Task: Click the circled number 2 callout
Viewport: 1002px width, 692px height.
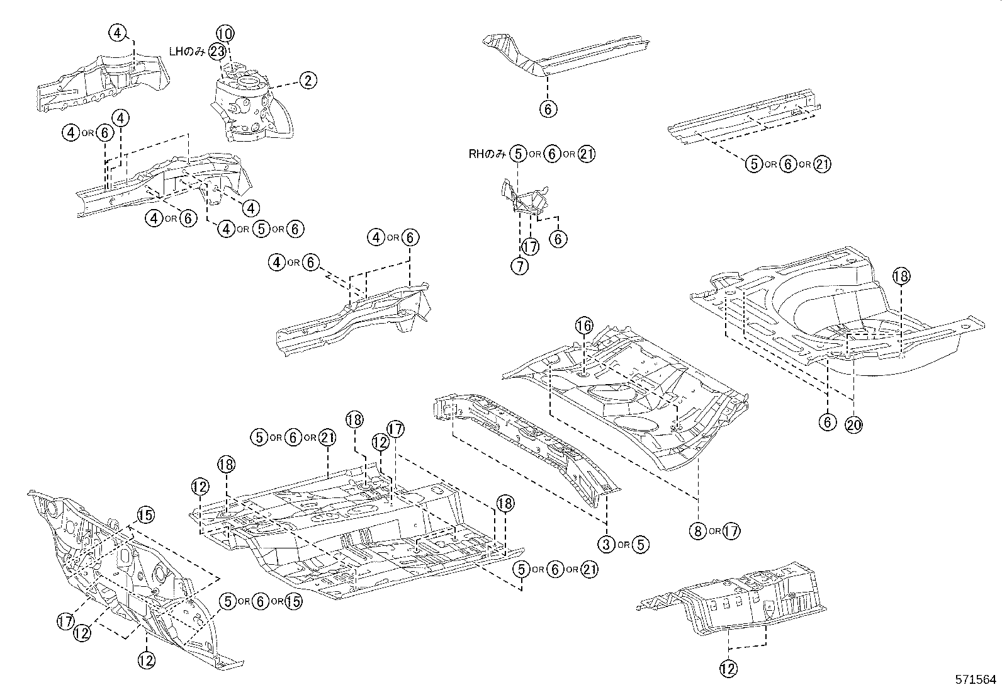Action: pyautogui.click(x=308, y=80)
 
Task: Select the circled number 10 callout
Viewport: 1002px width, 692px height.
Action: pyautogui.click(x=225, y=33)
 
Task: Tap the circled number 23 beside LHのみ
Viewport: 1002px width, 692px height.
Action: pyautogui.click(x=217, y=52)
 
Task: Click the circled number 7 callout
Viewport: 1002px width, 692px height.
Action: pyautogui.click(x=519, y=266)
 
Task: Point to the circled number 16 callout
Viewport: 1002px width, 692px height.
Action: pyautogui.click(x=584, y=325)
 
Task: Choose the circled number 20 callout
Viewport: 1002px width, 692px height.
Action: pyautogui.click(x=853, y=425)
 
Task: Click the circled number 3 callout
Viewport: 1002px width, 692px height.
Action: pyautogui.click(x=606, y=544)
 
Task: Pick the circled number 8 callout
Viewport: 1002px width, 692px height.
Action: pyautogui.click(x=697, y=531)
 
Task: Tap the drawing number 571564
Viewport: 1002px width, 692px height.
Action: pyautogui.click(x=975, y=680)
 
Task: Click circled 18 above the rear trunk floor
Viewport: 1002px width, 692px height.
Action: pyautogui.click(x=901, y=276)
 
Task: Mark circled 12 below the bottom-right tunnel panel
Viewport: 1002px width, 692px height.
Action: pyautogui.click(x=728, y=669)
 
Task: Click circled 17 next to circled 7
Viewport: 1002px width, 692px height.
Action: pyautogui.click(x=531, y=247)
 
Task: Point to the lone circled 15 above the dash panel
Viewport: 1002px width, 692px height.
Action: pyautogui.click(x=145, y=516)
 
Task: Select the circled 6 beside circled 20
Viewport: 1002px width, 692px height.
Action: pyautogui.click(x=828, y=423)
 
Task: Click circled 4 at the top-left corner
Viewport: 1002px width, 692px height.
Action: pyautogui.click(x=118, y=33)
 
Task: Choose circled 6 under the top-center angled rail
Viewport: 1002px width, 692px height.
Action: pyautogui.click(x=548, y=109)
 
